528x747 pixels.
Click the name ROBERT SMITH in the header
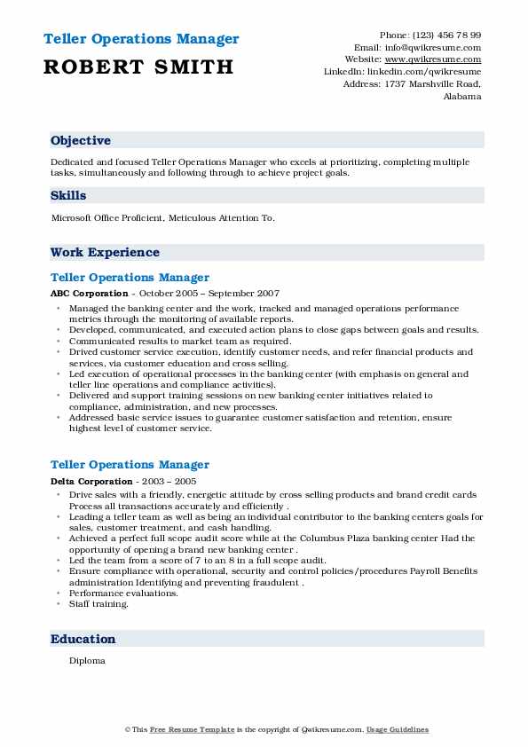138,67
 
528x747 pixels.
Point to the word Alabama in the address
462,96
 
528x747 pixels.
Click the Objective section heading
81,141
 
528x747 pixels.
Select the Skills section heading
68,195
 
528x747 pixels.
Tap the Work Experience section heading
105,252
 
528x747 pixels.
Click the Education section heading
83,639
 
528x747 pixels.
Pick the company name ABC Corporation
90,294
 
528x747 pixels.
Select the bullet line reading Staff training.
99,604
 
